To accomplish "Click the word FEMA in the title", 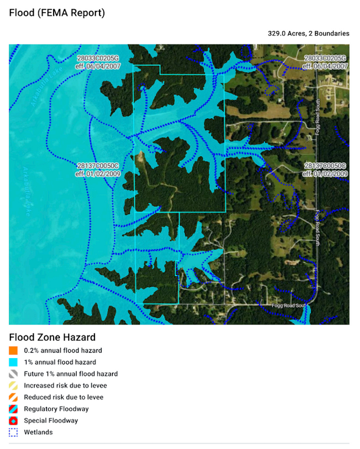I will pos(50,13).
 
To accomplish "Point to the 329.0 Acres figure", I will pos(286,34).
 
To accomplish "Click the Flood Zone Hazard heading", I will pos(52,337).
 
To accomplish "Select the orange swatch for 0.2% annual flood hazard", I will pos(13,351).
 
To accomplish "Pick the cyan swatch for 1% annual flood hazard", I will pos(13,362).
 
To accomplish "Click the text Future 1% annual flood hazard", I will pos(70,374).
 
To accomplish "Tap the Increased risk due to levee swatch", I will pos(13,386).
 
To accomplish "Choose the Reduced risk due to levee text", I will pos(63,397).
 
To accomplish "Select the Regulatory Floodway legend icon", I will pos(13,409).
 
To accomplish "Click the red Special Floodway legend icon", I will pos(13,420).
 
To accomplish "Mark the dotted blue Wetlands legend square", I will pos(13,432).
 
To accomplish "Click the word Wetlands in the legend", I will pos(38,432).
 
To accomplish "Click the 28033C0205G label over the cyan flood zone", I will pos(98,59).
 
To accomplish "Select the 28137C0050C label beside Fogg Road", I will pos(326,166).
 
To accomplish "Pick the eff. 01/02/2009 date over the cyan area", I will pos(98,174).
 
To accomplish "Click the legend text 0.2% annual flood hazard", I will pos(63,351).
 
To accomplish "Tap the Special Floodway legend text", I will pos(51,420).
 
